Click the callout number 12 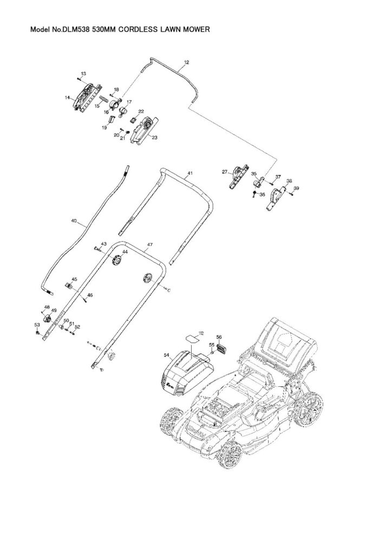pos(186,63)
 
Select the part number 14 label pos(68,98)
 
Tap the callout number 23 pos(154,138)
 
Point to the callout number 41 pos(190,174)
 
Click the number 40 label pos(74,221)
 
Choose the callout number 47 pos(150,245)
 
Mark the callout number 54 pos(167,355)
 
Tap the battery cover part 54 pos(187,373)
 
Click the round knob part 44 pos(115,261)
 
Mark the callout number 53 pos(37,325)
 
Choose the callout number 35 pos(253,174)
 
